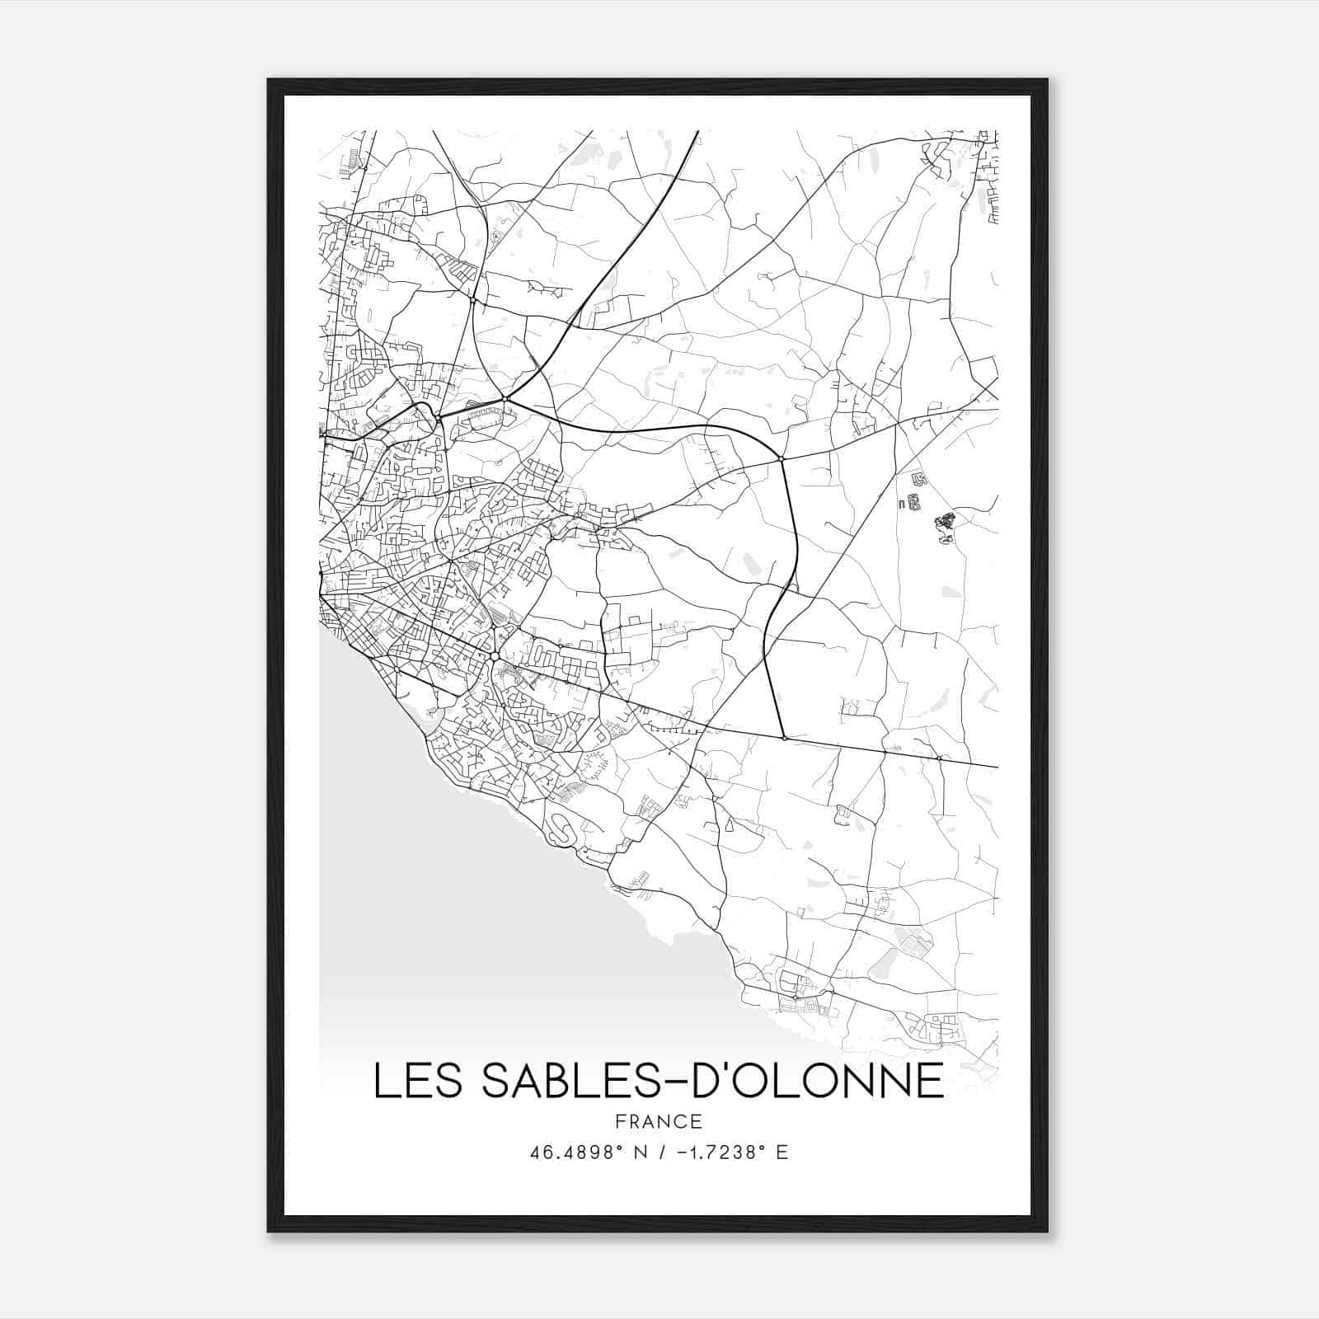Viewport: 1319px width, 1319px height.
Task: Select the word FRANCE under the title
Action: [658, 1121]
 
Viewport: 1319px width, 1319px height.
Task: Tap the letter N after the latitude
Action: [641, 1152]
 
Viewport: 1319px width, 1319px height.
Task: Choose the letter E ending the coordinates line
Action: [782, 1152]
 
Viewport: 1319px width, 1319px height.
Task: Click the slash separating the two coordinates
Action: [663, 1152]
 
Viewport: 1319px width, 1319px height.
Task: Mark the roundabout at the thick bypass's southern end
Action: [784, 738]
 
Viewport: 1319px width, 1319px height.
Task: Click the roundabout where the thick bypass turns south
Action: [781, 458]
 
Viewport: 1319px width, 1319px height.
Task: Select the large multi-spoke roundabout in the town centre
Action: [493, 656]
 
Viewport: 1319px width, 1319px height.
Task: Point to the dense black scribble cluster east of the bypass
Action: [944, 524]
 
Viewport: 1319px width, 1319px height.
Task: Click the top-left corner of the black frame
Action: [269, 81]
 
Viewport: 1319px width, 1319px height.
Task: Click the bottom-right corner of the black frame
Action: [1047, 1231]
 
